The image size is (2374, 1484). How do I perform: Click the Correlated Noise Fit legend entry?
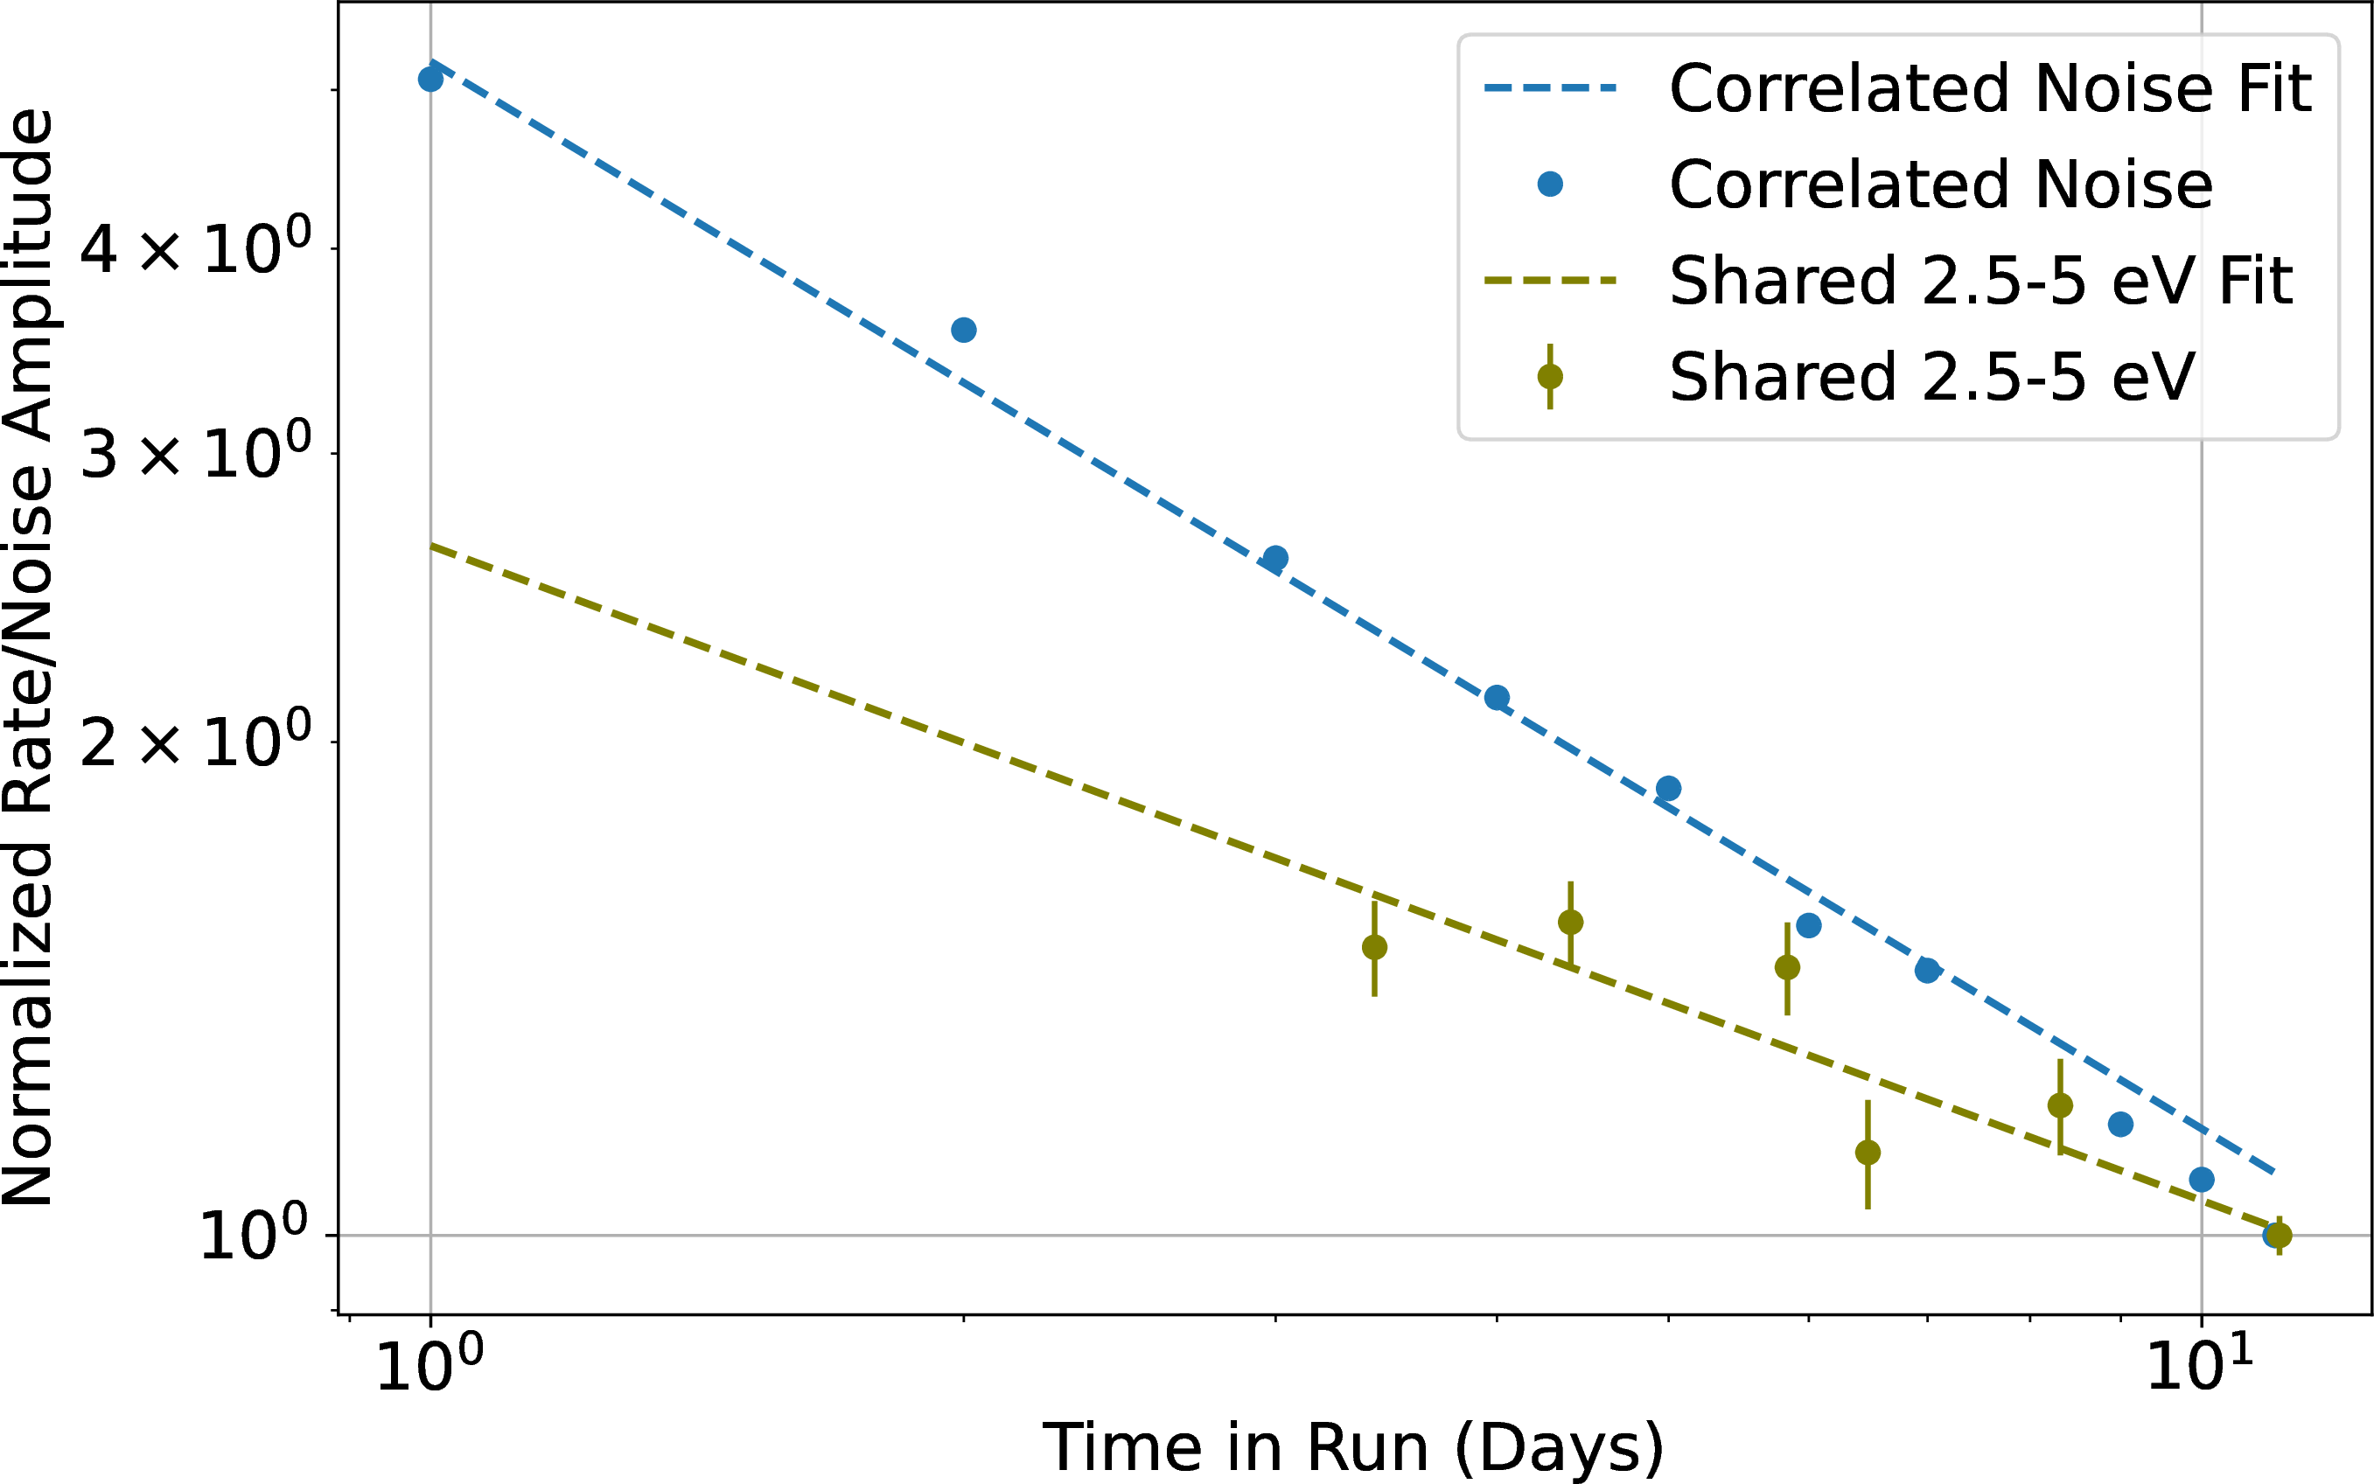click(x=1989, y=88)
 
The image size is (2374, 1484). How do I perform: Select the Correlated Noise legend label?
click(x=1940, y=185)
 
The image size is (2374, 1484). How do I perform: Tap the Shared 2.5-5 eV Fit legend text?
click(x=1980, y=281)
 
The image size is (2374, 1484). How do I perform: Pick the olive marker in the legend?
click(x=1549, y=377)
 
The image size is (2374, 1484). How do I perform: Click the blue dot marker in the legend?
click(x=1549, y=184)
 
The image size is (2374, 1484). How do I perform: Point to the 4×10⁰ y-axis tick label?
click(x=194, y=248)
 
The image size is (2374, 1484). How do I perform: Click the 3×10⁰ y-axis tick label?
click(x=194, y=455)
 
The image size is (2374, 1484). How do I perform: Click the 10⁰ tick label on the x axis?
click(x=429, y=1366)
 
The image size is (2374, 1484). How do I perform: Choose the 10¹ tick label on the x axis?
click(x=2199, y=1366)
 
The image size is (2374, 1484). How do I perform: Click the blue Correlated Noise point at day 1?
click(x=430, y=80)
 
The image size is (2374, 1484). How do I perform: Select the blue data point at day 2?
click(x=963, y=330)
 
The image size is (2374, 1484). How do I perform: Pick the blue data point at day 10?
click(x=2201, y=1180)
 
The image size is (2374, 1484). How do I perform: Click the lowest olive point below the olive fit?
click(x=1868, y=1153)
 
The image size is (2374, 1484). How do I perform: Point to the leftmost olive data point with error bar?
click(x=1374, y=947)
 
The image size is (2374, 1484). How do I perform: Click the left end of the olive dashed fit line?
click(x=432, y=546)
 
